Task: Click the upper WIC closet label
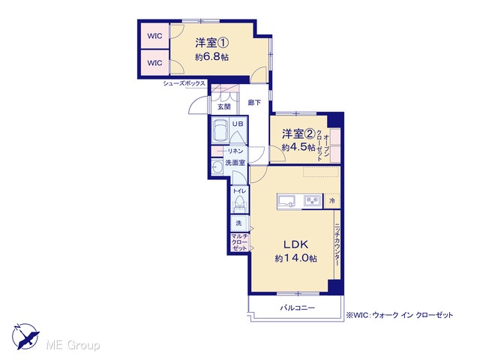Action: coord(154,36)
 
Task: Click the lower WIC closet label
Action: coord(154,63)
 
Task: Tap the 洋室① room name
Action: coord(211,43)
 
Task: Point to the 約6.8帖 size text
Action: coord(211,57)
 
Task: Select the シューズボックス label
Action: coord(184,83)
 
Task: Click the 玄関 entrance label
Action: coord(223,106)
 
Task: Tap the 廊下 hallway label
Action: coord(254,103)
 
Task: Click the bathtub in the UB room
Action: coord(220,130)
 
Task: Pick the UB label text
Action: coord(238,124)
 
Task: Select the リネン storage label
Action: coord(235,151)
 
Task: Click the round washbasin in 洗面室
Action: coord(217,167)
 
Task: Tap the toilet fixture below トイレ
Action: coord(239,203)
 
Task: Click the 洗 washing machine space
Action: coord(239,223)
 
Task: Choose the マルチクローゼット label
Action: coord(239,242)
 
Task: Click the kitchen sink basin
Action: coord(286,202)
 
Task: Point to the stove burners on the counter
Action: coord(313,201)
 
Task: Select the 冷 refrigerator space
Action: coord(332,201)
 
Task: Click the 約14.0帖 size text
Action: coord(296,258)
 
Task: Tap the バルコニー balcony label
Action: coord(297,307)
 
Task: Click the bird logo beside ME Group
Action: coord(25,336)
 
